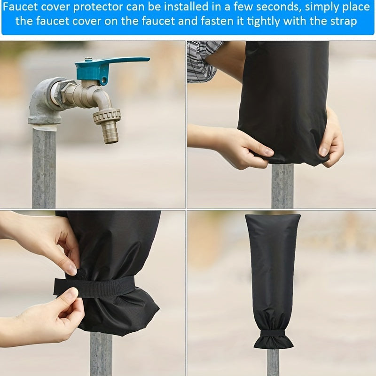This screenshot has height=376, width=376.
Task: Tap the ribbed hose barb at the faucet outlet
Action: point(110,133)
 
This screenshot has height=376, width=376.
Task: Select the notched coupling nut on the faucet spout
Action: point(107,117)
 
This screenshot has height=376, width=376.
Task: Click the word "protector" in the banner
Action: point(98,7)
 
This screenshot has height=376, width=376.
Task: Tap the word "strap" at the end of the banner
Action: point(344,21)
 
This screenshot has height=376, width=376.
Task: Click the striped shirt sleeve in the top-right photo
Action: point(204,61)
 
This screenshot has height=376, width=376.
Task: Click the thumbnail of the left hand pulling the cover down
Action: point(268,152)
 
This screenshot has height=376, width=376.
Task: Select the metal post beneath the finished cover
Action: point(273,362)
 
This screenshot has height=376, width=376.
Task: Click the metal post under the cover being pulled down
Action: point(282,186)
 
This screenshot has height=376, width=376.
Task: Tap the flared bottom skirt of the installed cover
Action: point(274,342)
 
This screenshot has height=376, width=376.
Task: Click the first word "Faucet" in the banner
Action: point(20,7)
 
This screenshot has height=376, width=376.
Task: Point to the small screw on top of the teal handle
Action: point(88,58)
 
